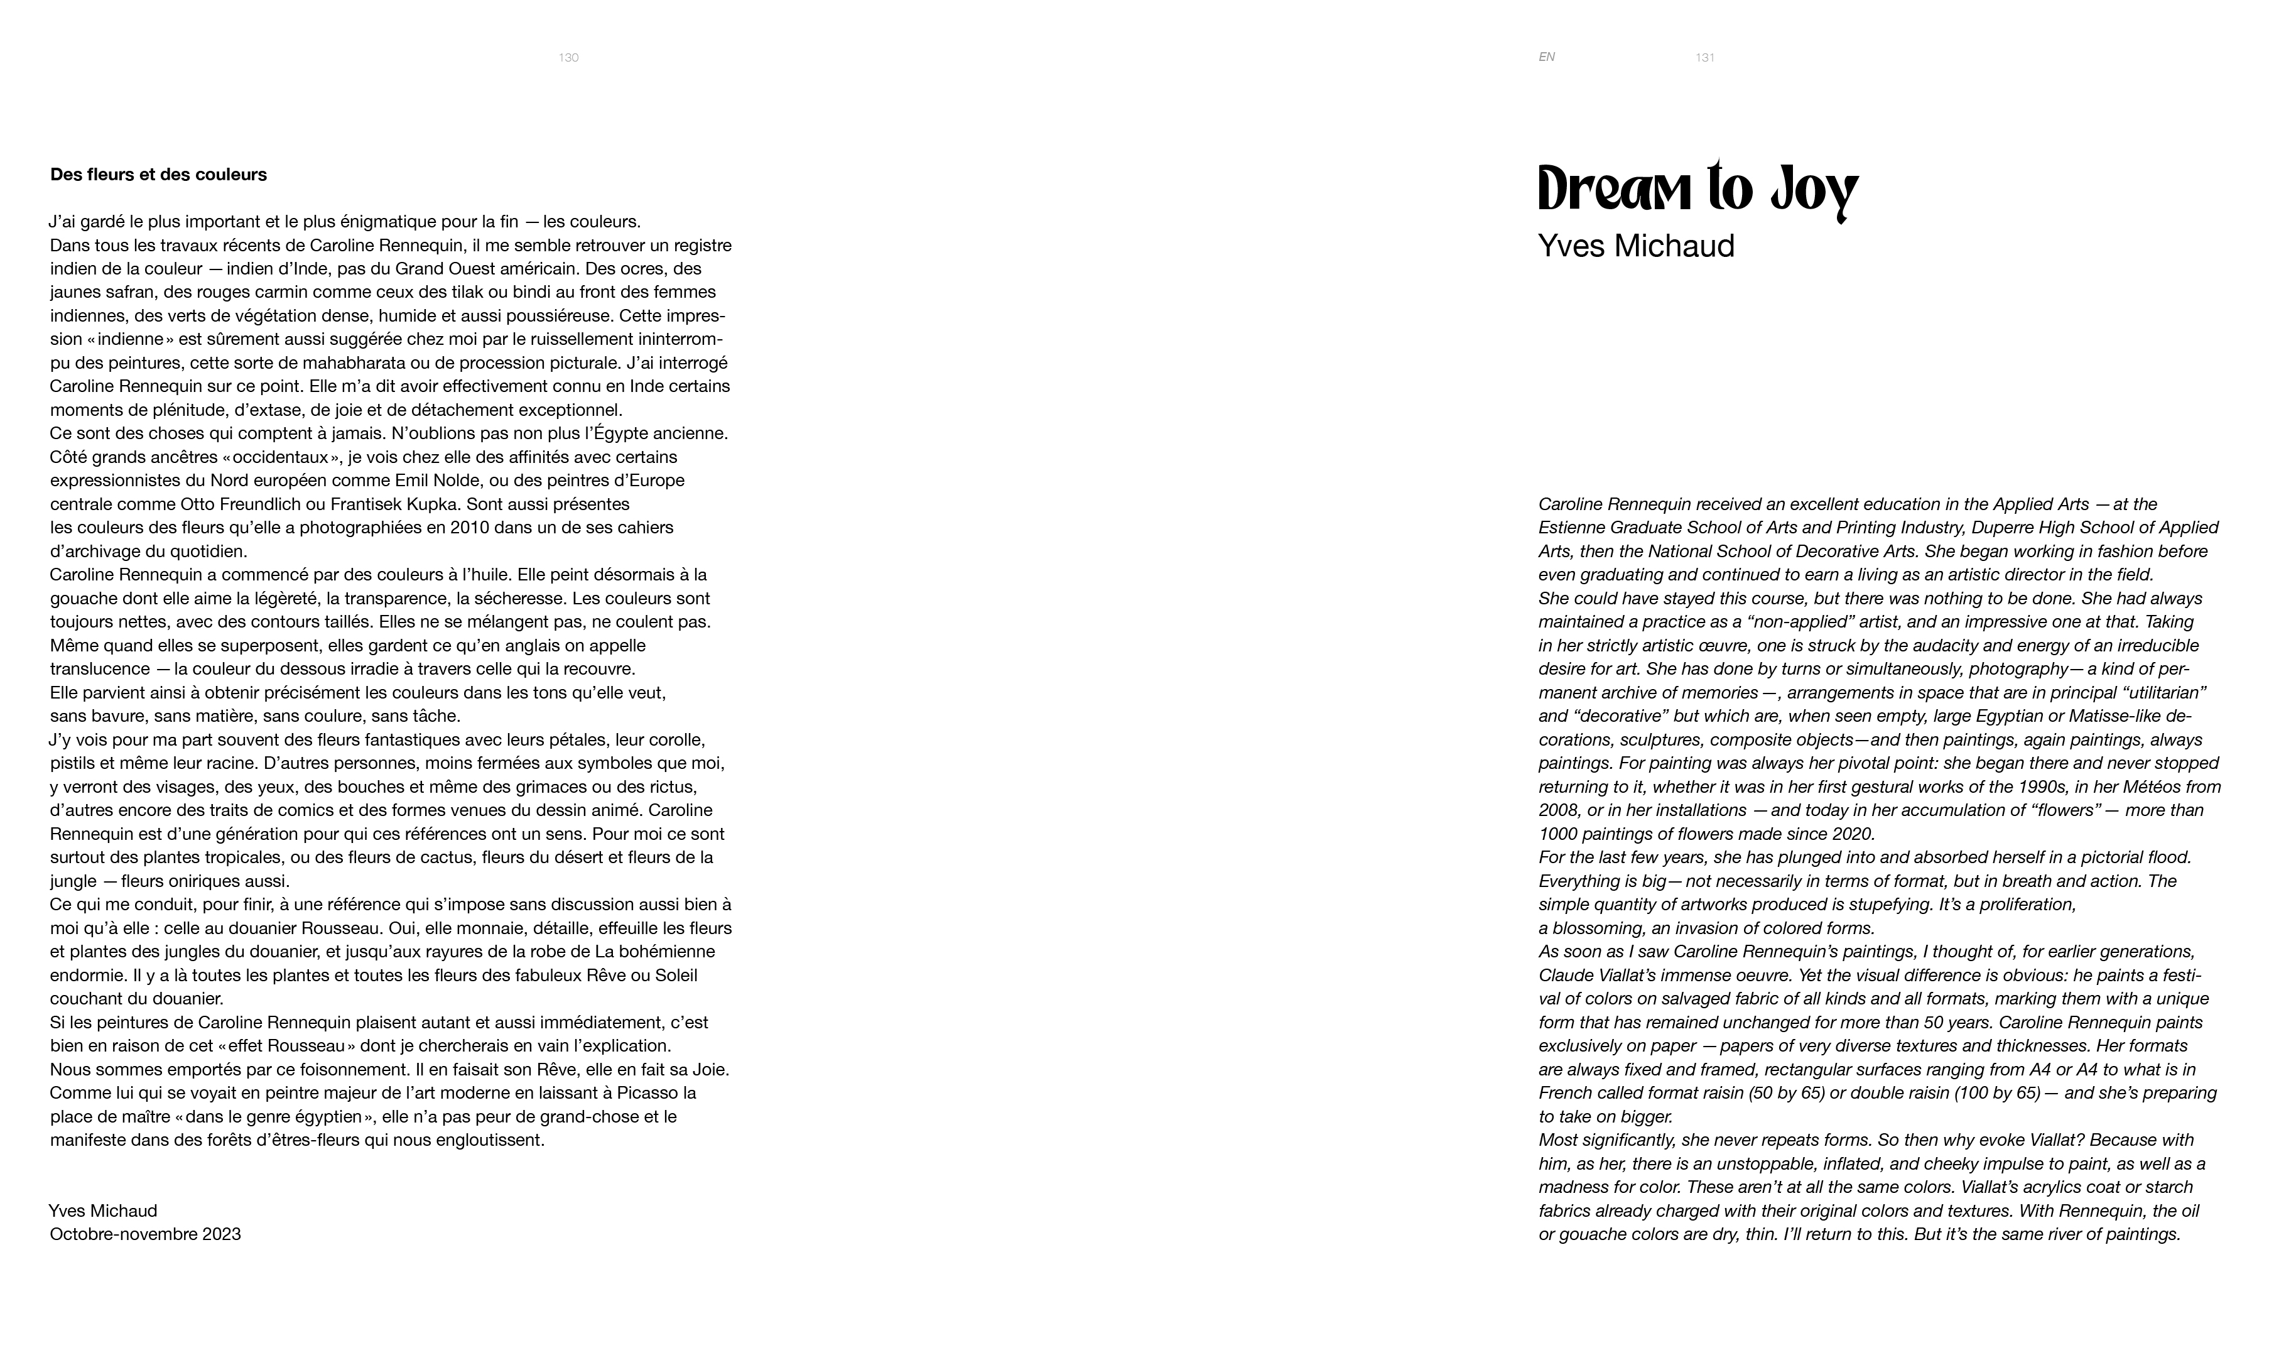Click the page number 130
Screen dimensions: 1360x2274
568,58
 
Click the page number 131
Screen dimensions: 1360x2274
1704,58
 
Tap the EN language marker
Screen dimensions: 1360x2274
1547,57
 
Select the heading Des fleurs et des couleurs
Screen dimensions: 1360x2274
158,174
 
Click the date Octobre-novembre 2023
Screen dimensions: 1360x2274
145,1234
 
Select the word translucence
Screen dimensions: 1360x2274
100,669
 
